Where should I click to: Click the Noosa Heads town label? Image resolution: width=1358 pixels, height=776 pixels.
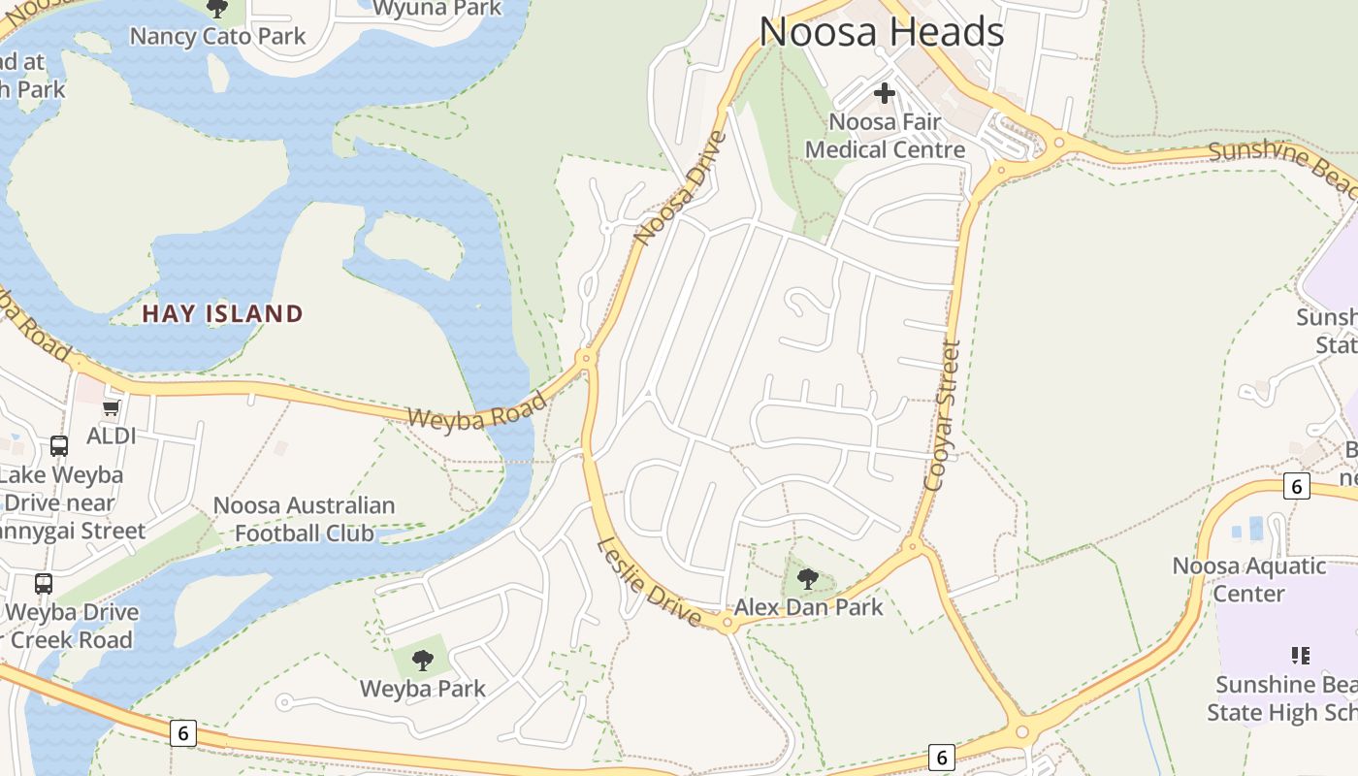pos(881,33)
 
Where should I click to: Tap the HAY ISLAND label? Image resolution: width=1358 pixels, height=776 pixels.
pos(223,313)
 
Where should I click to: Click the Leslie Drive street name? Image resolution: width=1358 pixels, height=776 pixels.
pos(648,581)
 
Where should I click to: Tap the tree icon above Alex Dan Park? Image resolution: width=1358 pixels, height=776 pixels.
pos(807,580)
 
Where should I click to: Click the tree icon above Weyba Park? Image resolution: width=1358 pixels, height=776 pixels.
pos(422,661)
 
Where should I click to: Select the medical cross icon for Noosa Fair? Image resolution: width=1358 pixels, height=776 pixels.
pos(884,94)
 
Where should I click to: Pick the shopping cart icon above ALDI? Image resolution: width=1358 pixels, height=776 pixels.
pos(111,408)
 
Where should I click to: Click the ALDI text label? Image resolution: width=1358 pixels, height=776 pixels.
pos(112,436)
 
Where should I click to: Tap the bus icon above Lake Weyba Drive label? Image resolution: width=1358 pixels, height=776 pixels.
pos(59,446)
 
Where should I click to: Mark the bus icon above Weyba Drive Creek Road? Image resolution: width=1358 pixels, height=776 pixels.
pos(44,584)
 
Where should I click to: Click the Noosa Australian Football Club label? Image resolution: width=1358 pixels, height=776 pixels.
pos(304,519)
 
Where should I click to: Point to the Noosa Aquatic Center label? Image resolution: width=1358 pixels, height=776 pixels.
pos(1248,579)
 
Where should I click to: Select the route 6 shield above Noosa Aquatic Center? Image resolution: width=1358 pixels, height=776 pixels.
pos(1296,486)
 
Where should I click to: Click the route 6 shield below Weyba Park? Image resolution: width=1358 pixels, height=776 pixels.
pos(182,732)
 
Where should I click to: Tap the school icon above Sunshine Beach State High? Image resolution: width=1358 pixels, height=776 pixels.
pos(1301,656)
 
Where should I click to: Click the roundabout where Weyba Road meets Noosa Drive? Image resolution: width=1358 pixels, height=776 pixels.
pos(585,358)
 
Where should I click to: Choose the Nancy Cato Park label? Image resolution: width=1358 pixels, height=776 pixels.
pos(217,37)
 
